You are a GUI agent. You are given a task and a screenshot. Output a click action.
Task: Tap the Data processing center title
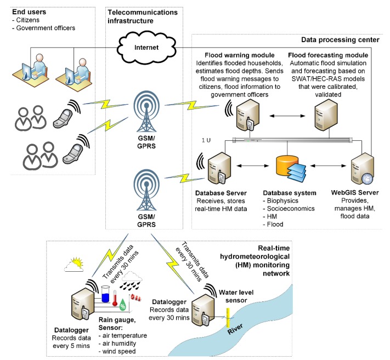pyautogui.click(x=340, y=39)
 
